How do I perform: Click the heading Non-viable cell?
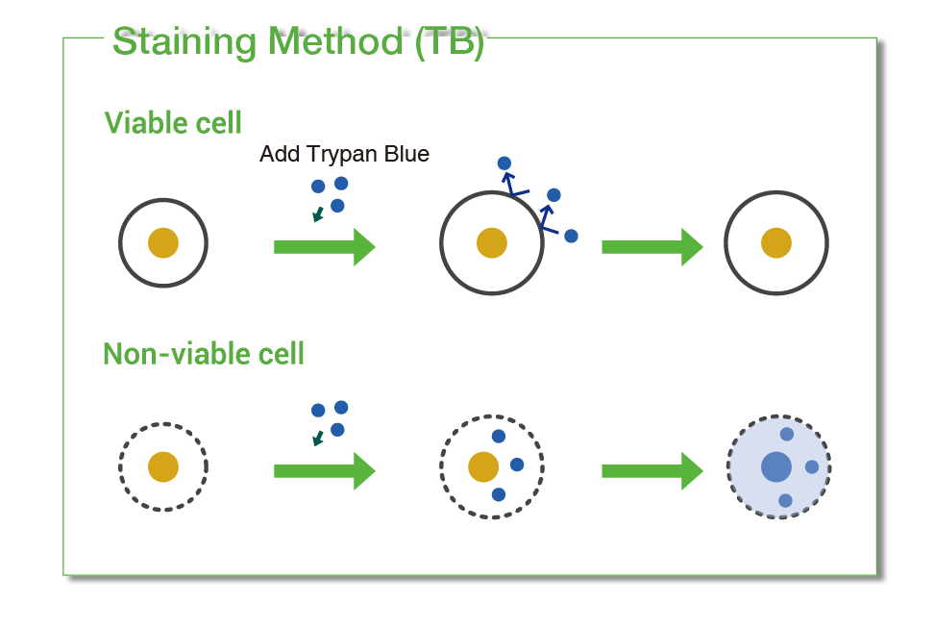click(x=204, y=354)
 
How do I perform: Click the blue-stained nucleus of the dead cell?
click(x=776, y=467)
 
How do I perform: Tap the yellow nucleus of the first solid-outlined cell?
click(x=163, y=243)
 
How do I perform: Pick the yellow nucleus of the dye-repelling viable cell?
click(x=492, y=243)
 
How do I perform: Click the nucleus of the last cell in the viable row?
click(x=776, y=243)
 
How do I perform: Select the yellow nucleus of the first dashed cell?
click(x=163, y=467)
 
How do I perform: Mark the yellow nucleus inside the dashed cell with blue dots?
click(x=483, y=467)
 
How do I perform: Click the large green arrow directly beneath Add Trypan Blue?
click(x=324, y=247)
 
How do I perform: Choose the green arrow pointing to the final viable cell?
click(x=651, y=247)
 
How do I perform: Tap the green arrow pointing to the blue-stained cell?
click(x=651, y=471)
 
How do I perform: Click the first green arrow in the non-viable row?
click(x=324, y=471)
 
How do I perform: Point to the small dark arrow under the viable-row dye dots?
click(x=317, y=214)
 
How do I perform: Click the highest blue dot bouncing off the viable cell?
click(x=504, y=163)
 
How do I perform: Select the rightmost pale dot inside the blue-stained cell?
click(x=812, y=467)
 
